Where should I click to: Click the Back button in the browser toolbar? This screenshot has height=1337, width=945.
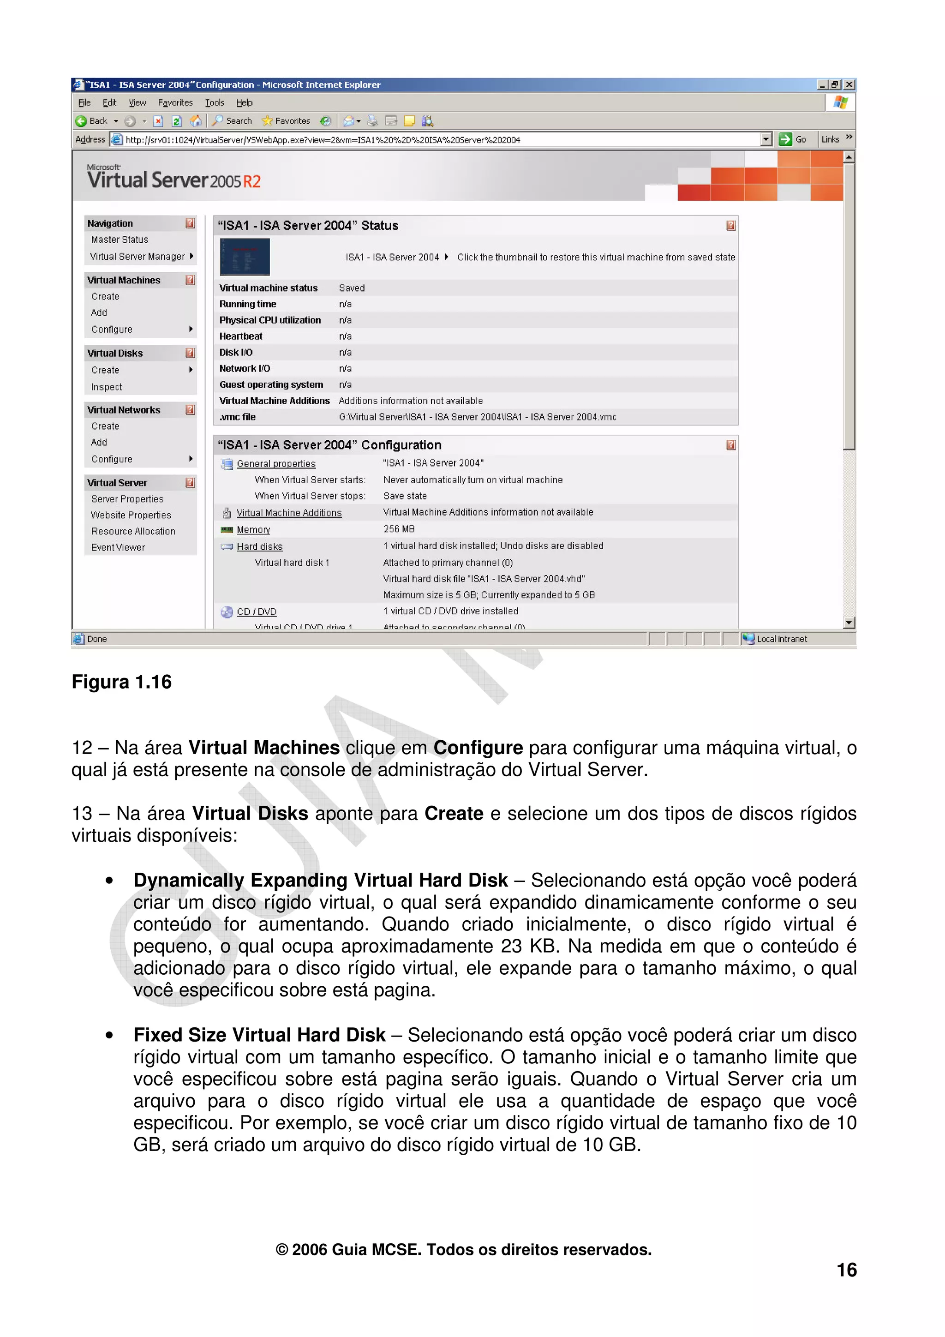pyautogui.click(x=92, y=121)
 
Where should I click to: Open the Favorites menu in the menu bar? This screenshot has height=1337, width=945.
pyautogui.click(x=175, y=102)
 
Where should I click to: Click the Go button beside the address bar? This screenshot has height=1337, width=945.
pyautogui.click(x=793, y=139)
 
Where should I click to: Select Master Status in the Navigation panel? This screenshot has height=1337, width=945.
pyautogui.click(x=120, y=240)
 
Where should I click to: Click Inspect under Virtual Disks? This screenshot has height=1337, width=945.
pyautogui.click(x=107, y=387)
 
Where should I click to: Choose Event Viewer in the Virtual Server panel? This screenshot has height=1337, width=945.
pyautogui.click(x=118, y=547)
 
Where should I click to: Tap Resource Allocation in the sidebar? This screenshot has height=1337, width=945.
pyautogui.click(x=133, y=531)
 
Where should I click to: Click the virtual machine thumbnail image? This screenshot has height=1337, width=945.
pyautogui.click(x=245, y=257)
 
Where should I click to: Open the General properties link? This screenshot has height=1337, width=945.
pyautogui.click(x=276, y=463)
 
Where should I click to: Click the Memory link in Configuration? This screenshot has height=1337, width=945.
pyautogui.click(x=253, y=529)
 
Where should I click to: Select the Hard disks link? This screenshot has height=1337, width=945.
pyautogui.click(x=260, y=546)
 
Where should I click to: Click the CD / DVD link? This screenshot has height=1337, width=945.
pyautogui.click(x=256, y=612)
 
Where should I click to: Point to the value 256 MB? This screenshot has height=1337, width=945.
pyautogui.click(x=399, y=529)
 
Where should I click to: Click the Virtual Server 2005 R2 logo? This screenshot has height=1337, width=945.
pyautogui.click(x=173, y=178)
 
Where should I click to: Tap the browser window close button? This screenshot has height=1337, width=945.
pyautogui.click(x=849, y=84)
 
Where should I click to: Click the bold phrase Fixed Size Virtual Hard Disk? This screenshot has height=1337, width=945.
pyautogui.click(x=259, y=1035)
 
